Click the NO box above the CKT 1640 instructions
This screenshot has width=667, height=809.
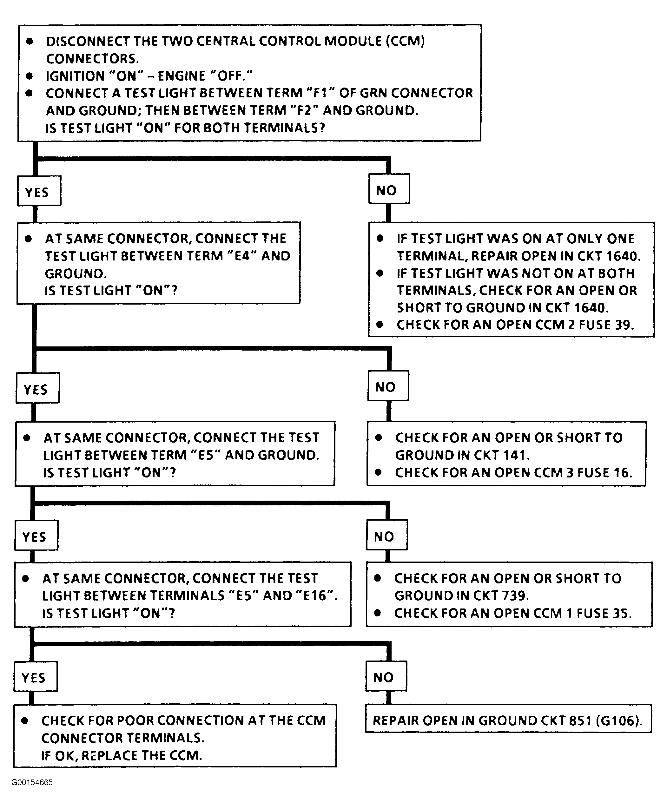pyautogui.click(x=389, y=189)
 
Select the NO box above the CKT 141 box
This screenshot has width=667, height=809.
pyautogui.click(x=388, y=386)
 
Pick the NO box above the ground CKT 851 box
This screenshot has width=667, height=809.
pyautogui.click(x=386, y=676)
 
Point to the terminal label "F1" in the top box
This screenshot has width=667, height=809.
pyautogui.click(x=320, y=93)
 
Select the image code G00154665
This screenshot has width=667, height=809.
pyautogui.click(x=32, y=782)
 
